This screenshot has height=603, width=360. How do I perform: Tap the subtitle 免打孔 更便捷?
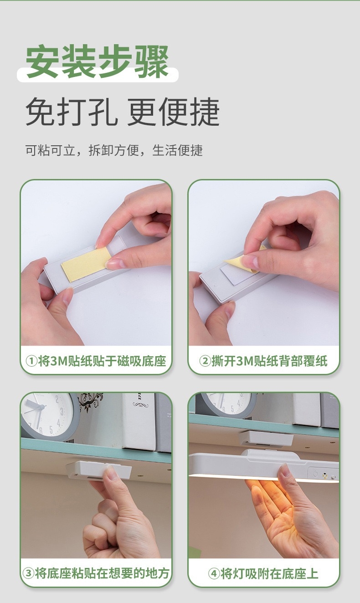123,112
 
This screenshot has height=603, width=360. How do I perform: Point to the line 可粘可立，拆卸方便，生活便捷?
114,150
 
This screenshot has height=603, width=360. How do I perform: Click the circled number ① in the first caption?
31,361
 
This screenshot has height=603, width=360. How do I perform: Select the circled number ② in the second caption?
205,361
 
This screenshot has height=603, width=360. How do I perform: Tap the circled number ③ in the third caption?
28,573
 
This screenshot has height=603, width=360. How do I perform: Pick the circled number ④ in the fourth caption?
214,573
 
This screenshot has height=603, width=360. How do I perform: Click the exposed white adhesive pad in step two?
237,275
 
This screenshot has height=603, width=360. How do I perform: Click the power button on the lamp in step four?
315,474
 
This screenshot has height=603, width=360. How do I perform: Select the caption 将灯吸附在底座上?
269,573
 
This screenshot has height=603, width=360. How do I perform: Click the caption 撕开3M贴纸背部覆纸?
269,361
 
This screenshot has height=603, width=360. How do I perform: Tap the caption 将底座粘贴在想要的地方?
102,573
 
